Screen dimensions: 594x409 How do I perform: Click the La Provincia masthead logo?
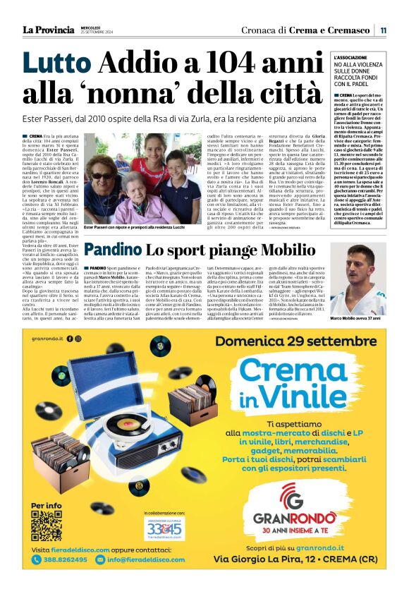click(x=49, y=30)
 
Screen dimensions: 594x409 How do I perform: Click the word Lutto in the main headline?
click(x=56, y=65)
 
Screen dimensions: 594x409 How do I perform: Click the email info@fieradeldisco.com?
click(x=146, y=559)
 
